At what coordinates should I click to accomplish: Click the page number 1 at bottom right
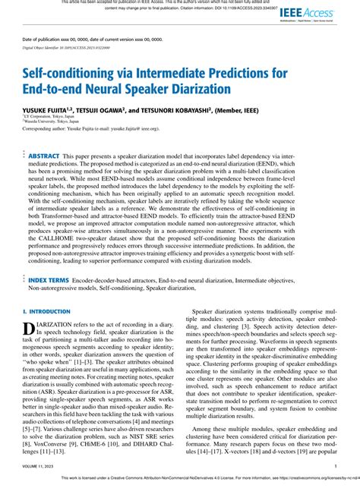click(x=335, y=467)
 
